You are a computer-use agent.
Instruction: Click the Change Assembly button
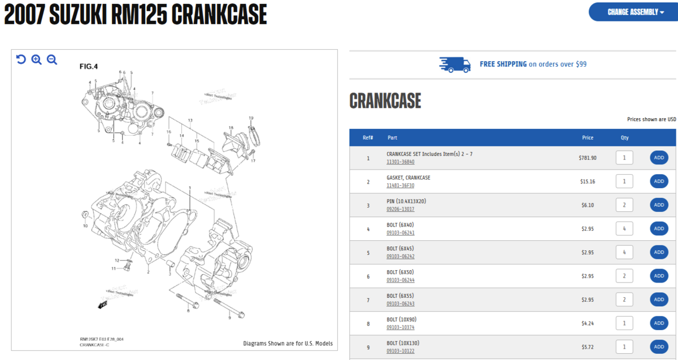[633, 12]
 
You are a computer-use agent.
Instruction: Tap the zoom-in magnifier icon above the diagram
[37, 59]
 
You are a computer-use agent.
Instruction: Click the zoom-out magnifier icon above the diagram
[52, 59]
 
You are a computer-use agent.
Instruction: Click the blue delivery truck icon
[455, 64]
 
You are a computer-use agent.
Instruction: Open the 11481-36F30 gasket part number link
[400, 185]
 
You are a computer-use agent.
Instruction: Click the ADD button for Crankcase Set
[659, 158]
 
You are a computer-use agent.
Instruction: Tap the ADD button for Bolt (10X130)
[659, 346]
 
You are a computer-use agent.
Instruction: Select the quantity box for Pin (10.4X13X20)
[624, 205]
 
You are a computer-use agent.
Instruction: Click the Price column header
[588, 137]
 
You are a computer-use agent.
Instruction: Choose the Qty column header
[624, 137]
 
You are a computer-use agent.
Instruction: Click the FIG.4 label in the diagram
[89, 67]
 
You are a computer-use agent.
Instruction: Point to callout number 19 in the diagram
[251, 118]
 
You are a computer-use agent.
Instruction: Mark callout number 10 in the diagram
[85, 225]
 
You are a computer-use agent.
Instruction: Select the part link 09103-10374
[400, 327]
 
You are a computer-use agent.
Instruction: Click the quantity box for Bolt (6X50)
[624, 276]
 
